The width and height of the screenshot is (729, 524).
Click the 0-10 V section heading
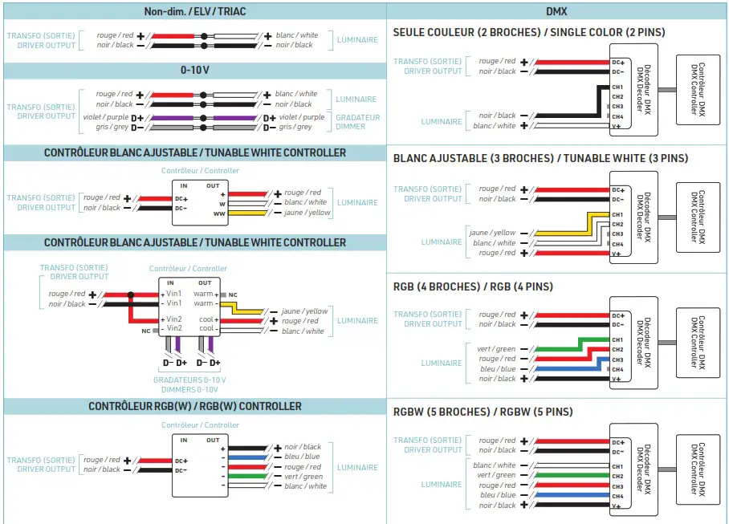coord(194,70)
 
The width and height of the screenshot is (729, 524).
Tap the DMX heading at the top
coord(557,11)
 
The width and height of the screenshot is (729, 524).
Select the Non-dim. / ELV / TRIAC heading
coord(194,11)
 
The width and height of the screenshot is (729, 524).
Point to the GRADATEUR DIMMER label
coord(357,122)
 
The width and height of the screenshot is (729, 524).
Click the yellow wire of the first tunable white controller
coord(248,213)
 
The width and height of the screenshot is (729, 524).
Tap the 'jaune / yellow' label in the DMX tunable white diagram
coord(492,233)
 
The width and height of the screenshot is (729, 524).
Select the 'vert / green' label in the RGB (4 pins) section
coord(495,349)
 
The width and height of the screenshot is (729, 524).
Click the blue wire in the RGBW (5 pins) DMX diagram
coord(562,496)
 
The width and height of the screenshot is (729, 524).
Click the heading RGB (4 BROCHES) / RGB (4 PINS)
coord(473,286)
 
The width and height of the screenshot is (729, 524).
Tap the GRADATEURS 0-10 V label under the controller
coord(189,380)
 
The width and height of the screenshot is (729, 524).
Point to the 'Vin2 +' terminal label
coord(173,319)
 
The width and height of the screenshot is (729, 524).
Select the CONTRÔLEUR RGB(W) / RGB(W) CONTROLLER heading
coord(194,406)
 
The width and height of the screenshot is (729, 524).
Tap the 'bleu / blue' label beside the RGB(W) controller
coord(303,457)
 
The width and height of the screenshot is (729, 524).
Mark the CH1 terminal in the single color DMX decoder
coord(617,87)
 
